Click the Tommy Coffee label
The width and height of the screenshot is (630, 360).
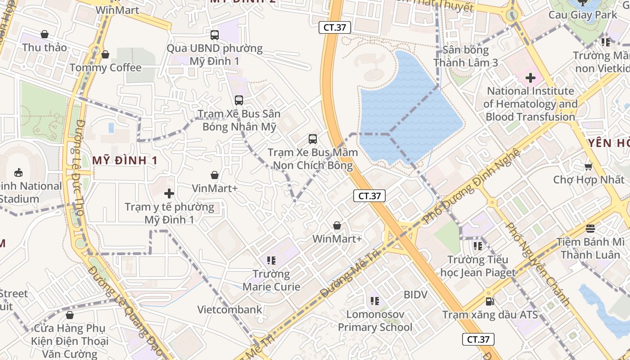[x=105, y=67]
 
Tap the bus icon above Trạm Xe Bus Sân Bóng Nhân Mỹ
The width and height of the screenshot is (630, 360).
[x=239, y=100]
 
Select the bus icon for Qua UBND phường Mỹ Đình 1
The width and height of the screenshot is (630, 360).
[x=215, y=35]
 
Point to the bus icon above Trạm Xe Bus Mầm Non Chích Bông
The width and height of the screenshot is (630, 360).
[x=313, y=139]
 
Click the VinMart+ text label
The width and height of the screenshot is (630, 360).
[x=215, y=188]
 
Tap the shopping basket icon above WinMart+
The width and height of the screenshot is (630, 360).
[x=337, y=225]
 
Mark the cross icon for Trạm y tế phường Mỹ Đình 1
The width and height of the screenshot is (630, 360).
[x=169, y=194]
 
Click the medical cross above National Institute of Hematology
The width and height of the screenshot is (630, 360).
[x=531, y=78]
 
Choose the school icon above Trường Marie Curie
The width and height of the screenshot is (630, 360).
[x=271, y=260]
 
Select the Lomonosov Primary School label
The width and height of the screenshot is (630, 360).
[x=375, y=320]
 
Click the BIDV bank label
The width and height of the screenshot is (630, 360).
[x=415, y=295]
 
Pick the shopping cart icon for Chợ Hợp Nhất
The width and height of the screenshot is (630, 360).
[x=588, y=167]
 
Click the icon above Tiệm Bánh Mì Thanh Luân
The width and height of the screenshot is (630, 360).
[x=590, y=228]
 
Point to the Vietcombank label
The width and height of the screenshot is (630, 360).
[x=229, y=310]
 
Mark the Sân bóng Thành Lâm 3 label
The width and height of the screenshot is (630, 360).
[x=466, y=56]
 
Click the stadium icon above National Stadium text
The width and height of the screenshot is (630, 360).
[x=18, y=172]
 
